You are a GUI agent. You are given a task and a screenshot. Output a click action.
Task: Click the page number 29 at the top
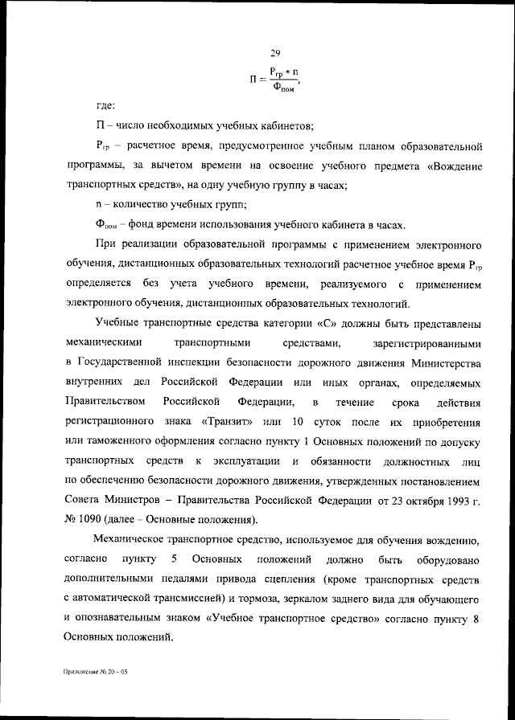click(x=274, y=53)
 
